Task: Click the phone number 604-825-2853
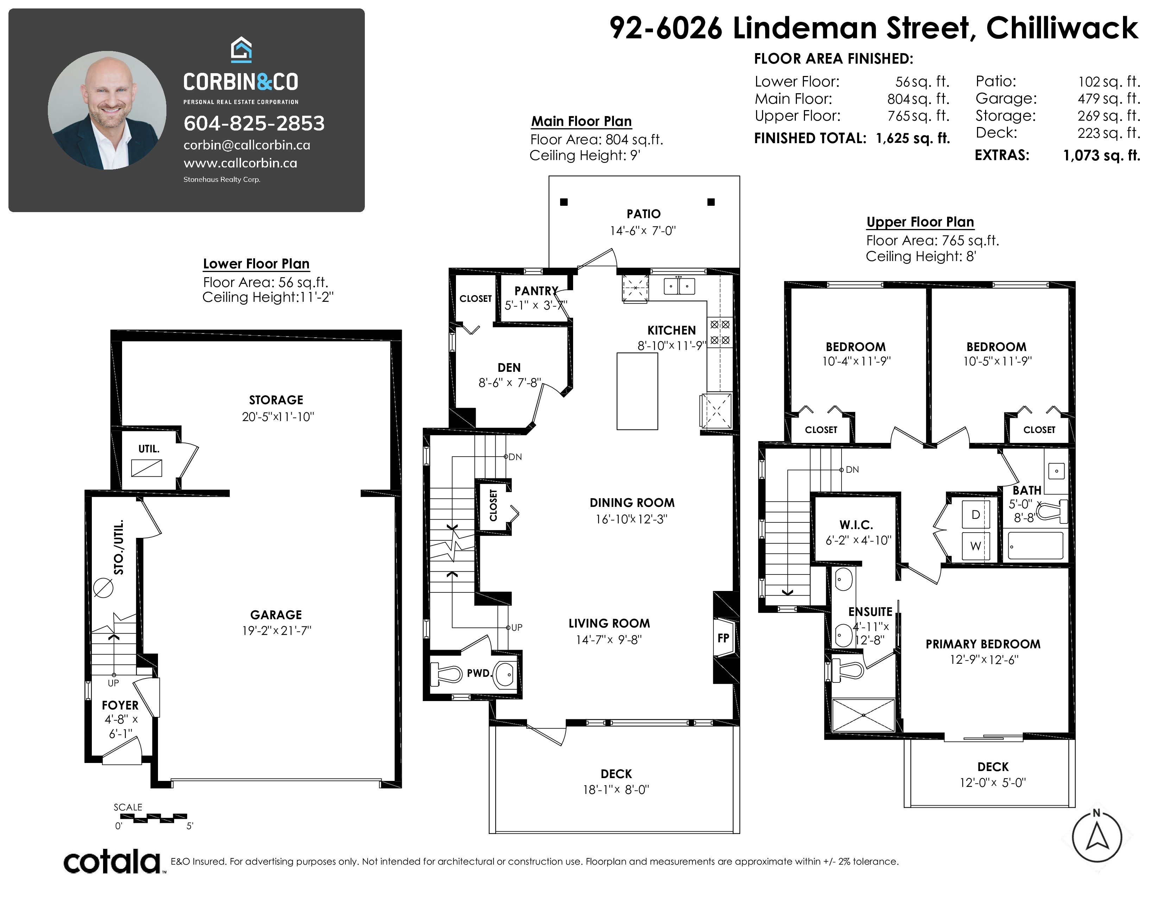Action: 254,123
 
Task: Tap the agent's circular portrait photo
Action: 107,110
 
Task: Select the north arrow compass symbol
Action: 1097,837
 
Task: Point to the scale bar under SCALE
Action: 154,818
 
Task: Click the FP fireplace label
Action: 723,638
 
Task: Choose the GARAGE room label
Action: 276,615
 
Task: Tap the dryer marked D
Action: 976,514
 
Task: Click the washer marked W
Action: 976,546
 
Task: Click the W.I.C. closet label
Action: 856,525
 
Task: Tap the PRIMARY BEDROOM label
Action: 983,644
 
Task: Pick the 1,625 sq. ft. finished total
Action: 913,138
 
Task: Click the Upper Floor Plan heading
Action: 920,222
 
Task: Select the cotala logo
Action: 113,861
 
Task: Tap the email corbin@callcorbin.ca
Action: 247,145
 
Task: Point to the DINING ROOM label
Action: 632,503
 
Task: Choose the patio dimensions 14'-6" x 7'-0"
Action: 643,231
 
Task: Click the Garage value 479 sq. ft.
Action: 1109,99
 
